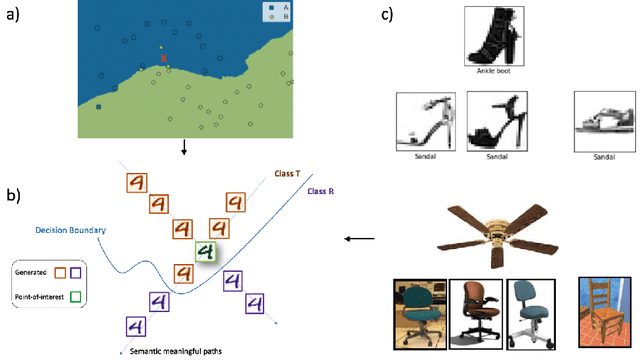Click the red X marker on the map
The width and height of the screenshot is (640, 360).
tap(163, 58)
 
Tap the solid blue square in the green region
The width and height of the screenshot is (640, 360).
tap(99, 105)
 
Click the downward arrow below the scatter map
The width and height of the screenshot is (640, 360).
tap(183, 149)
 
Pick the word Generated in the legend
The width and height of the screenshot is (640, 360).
tap(33, 271)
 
